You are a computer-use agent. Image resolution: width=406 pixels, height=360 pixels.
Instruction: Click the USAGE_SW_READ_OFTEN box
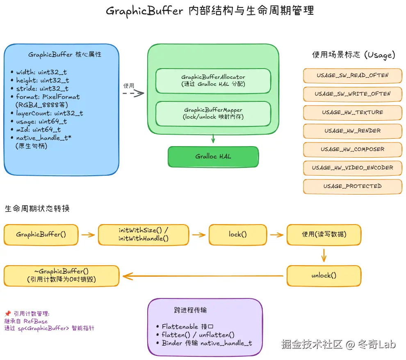coord(353,76)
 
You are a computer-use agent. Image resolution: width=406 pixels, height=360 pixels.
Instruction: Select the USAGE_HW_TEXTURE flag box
coord(353,112)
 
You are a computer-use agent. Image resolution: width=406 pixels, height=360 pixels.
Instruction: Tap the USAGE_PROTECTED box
coord(353,186)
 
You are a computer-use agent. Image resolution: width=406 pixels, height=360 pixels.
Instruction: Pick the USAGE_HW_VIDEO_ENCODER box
coord(353,168)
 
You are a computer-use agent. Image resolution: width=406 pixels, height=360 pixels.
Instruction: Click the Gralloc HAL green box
coord(213,157)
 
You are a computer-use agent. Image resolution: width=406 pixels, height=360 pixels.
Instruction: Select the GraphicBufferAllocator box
coord(213,80)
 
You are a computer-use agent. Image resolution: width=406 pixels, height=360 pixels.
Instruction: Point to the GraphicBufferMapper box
coord(213,113)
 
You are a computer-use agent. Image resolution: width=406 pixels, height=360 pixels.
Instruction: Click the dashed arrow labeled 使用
coord(133,93)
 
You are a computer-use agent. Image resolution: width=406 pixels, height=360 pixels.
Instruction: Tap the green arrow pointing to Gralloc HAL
coord(213,138)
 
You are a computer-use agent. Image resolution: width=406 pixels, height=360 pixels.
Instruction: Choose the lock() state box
coord(238,235)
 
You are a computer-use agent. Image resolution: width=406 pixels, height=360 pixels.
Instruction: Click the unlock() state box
coord(324,275)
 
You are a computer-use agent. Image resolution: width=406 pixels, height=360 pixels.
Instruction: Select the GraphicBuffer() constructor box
coord(41,235)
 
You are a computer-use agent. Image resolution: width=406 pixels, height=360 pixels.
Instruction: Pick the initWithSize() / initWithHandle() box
coord(144,235)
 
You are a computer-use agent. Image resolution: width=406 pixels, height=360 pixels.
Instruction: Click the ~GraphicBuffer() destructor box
coord(62,275)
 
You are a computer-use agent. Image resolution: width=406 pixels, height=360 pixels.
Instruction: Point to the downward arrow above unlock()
coord(324,255)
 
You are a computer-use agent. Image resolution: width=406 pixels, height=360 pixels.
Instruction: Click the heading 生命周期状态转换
coord(37,209)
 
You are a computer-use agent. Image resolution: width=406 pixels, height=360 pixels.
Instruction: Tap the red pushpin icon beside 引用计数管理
coord(7,314)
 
